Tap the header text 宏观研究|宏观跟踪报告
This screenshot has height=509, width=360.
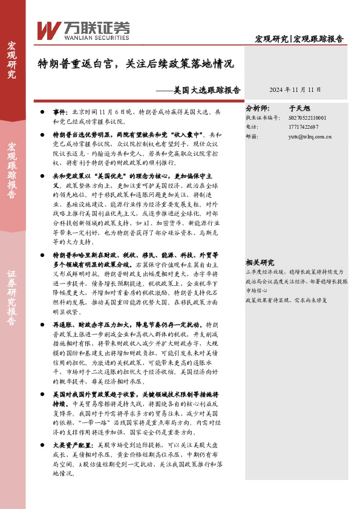299,39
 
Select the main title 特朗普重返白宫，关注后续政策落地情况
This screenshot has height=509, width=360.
136,63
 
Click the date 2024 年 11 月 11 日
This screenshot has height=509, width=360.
295,89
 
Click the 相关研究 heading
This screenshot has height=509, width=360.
260,262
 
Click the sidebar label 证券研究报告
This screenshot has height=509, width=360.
12,299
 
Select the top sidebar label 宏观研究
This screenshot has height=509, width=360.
12,60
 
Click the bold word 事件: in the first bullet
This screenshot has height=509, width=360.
61,112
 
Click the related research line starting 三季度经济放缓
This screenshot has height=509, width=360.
296,273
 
